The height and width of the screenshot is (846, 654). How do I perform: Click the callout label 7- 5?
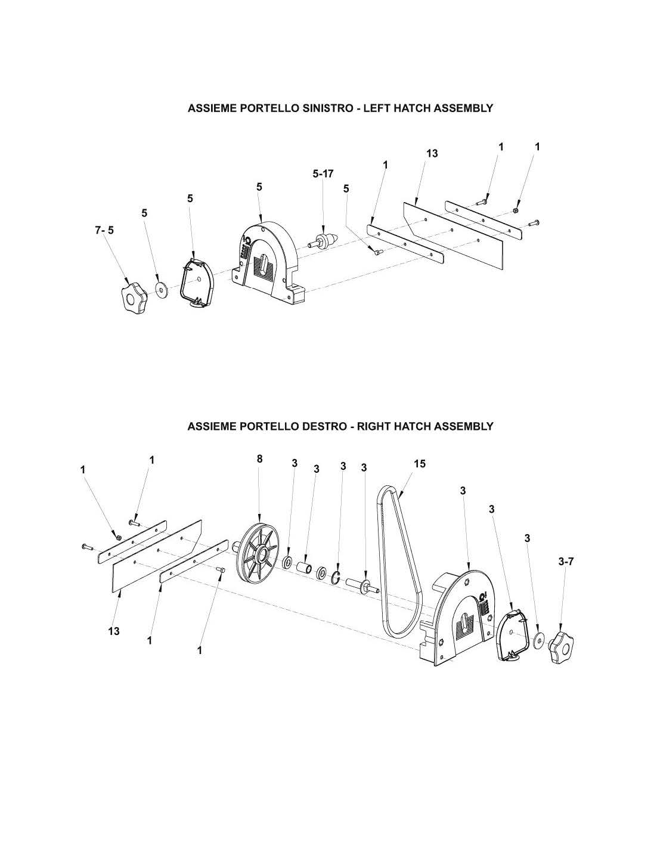tap(104, 230)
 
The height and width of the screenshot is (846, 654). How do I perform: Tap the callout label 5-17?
tap(323, 173)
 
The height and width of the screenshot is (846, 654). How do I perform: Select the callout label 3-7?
tap(566, 562)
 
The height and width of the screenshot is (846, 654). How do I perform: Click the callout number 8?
tap(260, 458)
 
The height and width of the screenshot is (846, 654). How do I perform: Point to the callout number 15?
tap(420, 464)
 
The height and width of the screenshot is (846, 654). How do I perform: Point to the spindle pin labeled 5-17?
tap(324, 239)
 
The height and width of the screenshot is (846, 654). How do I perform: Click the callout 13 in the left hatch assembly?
tap(432, 153)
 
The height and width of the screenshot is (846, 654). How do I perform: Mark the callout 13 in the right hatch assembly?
tap(114, 631)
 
